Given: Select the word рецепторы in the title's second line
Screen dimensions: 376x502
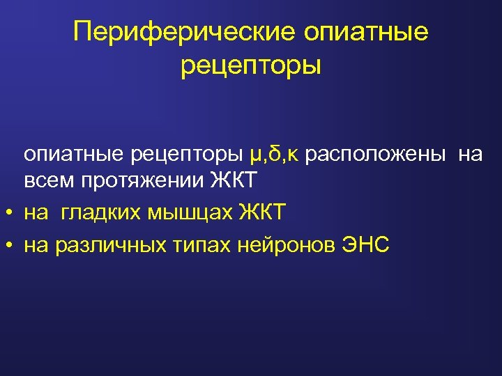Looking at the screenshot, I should (251, 66).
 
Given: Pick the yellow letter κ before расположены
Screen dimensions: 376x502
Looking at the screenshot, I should (292, 155).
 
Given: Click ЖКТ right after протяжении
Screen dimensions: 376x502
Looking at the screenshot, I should (234, 182).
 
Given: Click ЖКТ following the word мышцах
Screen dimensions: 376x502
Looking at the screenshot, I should (262, 212).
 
